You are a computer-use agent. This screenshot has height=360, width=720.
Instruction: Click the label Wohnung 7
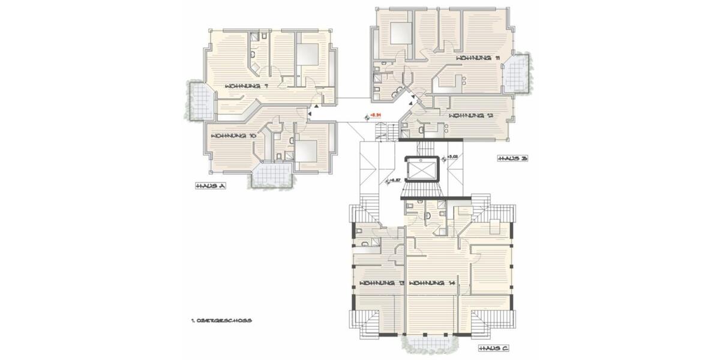(246, 86)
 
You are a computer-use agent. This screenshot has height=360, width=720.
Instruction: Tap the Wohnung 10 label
(233, 136)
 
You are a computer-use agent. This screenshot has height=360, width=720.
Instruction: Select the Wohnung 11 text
(478, 58)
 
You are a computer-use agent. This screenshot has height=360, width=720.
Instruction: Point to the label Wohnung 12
(470, 115)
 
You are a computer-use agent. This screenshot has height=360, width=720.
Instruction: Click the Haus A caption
(209, 187)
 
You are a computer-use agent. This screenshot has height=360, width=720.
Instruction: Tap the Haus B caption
(512, 158)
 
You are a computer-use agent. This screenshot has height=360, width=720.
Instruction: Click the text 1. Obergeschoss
(218, 320)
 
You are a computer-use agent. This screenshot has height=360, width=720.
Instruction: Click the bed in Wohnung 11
(399, 33)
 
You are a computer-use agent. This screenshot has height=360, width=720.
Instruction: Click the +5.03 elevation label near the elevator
(452, 157)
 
